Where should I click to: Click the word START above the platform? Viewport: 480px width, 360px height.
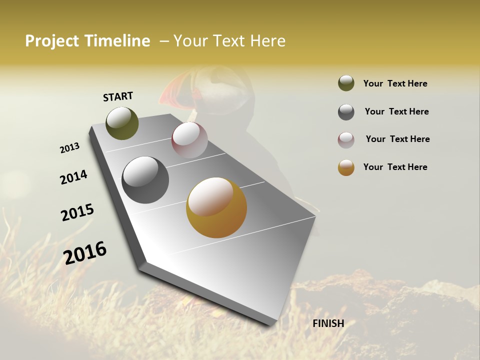pos(118,96)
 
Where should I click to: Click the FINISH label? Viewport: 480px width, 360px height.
pos(328,323)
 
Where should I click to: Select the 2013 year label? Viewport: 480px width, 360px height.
pos(70,147)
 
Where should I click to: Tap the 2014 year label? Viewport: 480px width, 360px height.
pos(73,177)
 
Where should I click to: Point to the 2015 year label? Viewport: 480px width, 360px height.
pos(77,212)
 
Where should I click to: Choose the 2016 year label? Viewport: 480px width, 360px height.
pos(85,252)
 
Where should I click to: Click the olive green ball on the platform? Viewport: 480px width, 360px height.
pos(122,123)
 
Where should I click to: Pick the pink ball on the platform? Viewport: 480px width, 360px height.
pos(189,140)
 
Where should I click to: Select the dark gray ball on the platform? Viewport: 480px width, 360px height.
pos(145,180)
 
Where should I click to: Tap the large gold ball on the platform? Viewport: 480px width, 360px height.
pos(216,207)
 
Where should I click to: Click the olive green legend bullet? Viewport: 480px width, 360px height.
pos(346,83)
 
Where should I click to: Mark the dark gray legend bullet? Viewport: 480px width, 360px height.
pos(346,112)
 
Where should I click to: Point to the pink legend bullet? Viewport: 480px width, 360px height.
pos(346,140)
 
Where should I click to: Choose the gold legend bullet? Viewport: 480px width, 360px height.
pos(346,167)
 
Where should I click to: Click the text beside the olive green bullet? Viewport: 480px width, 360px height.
pos(395,83)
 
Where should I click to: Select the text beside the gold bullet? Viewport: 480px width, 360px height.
pos(395,167)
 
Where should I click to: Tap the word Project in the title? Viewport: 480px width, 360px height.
pos(52,41)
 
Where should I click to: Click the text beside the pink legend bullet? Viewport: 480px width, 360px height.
pos(397,139)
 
